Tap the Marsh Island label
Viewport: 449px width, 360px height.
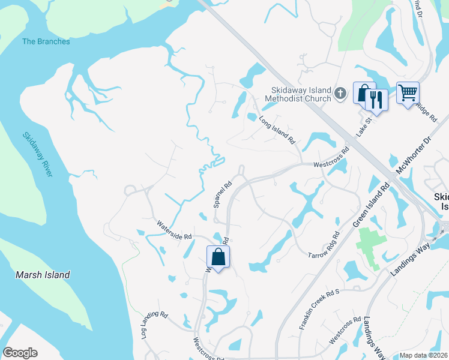click(x=43, y=275)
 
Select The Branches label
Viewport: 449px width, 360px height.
click(x=46, y=41)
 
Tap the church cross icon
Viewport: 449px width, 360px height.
click(x=340, y=92)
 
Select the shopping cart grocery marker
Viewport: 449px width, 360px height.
click(x=408, y=93)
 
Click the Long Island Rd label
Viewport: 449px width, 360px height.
click(x=278, y=130)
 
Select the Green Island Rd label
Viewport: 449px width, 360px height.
click(x=370, y=205)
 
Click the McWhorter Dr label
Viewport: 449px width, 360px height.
click(x=415, y=157)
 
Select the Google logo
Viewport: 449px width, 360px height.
click(x=20, y=353)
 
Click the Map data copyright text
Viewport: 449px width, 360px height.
click(x=423, y=355)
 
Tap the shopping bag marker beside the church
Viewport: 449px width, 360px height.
click(x=364, y=93)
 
